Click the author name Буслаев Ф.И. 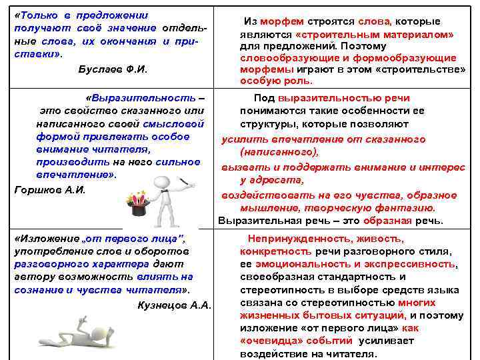tap(113, 69)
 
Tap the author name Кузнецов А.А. tap(173, 305)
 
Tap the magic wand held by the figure tap(187, 181)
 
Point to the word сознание tap(39, 290)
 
